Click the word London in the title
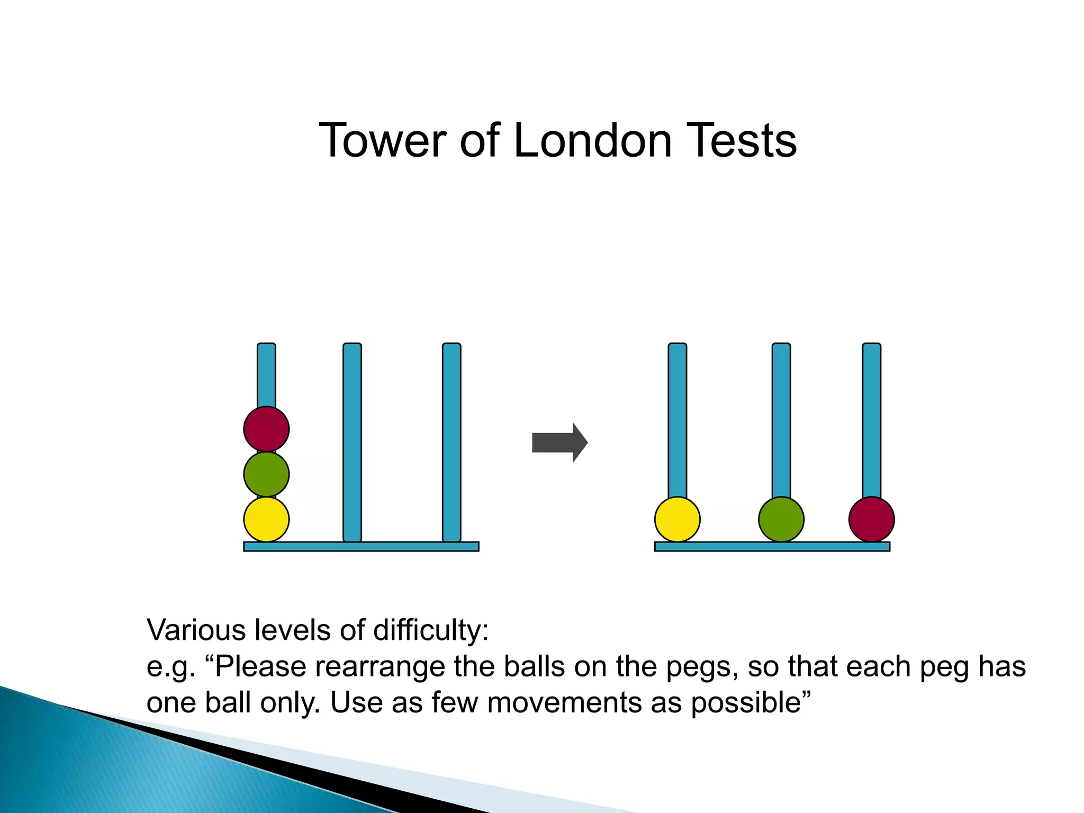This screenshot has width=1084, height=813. [592, 140]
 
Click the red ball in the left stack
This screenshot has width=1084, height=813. [266, 429]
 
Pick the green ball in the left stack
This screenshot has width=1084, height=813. [266, 474]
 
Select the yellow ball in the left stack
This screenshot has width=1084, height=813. [266, 519]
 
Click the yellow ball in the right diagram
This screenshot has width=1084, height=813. [677, 519]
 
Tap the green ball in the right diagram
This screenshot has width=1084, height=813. [781, 519]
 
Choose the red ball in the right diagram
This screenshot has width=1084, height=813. [871, 519]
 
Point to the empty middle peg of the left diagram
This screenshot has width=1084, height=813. [352, 442]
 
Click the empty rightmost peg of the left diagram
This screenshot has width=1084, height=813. [451, 442]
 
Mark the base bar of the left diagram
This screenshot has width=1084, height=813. [361, 546]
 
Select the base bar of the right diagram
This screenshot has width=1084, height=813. [772, 546]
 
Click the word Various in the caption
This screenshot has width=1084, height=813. [196, 630]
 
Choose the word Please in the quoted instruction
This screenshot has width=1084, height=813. [260, 667]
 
